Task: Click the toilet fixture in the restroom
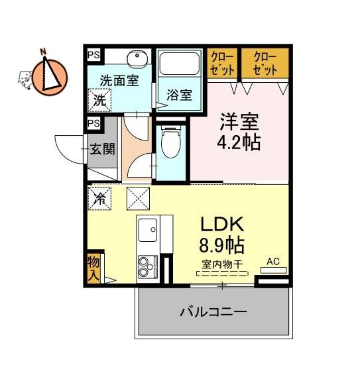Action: [170, 142]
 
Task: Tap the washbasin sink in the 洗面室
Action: [137, 59]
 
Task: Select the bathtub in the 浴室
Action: [180, 64]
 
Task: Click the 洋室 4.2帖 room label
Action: [239, 132]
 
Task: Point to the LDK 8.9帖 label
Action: [221, 235]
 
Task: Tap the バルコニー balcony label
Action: [213, 312]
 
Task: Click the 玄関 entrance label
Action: [102, 149]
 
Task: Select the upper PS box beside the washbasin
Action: [93, 55]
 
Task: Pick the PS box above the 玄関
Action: [93, 123]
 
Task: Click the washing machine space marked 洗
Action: [99, 100]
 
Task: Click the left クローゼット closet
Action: [222, 64]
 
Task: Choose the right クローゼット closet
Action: [265, 64]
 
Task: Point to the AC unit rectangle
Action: [273, 270]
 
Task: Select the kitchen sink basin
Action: [148, 230]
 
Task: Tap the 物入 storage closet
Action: [93, 268]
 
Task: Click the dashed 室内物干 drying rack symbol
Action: [222, 274]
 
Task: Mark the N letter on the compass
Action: [43, 51]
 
